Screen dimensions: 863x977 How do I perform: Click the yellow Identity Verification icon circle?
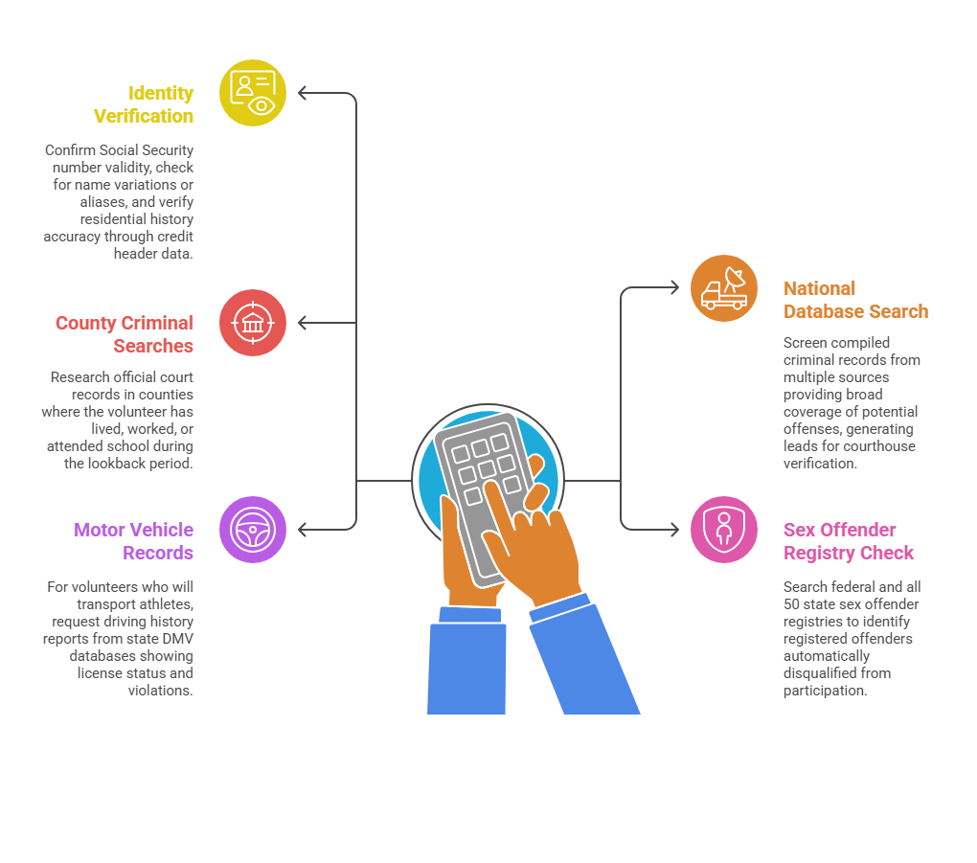[253, 93]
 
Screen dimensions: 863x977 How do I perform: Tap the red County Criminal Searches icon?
[253, 323]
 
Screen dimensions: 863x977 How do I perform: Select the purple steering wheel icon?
[253, 530]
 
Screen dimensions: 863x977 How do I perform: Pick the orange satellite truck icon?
[724, 288]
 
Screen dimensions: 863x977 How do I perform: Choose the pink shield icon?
[724, 530]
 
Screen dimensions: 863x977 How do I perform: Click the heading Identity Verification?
[144, 104]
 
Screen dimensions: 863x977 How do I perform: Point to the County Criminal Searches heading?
[125, 334]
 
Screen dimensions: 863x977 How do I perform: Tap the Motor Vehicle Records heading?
[134, 541]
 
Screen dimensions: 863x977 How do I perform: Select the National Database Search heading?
[855, 300]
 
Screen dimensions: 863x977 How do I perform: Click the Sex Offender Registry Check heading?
[849, 541]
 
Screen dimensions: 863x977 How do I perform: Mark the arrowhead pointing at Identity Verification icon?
[303, 93]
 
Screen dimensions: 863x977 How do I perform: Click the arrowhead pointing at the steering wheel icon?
[303, 530]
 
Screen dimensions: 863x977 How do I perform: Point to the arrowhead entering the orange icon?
[674, 288]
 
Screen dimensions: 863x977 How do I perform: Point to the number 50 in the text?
[794, 604]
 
